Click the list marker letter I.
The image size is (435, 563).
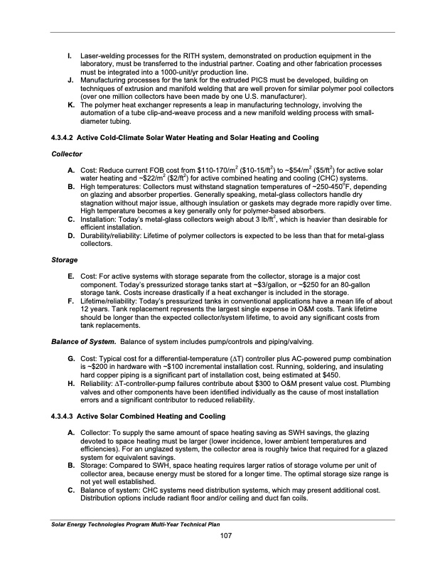click(69, 55)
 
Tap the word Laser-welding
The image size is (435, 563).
click(102, 55)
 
